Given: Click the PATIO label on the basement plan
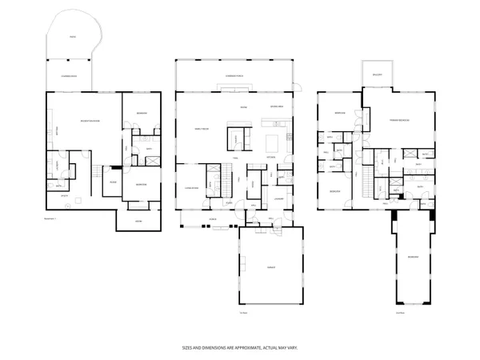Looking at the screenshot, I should tap(72, 37).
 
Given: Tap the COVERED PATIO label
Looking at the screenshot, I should tap(69, 76).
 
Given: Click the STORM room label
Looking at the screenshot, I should tap(138, 220).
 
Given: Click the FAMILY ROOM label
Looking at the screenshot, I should tap(202, 128).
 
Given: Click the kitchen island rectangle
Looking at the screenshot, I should tap(272, 142).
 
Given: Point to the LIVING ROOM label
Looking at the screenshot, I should tap(191, 189).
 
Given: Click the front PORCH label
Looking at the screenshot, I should tap(213, 218).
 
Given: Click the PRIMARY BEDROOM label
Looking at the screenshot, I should tap(399, 120).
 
